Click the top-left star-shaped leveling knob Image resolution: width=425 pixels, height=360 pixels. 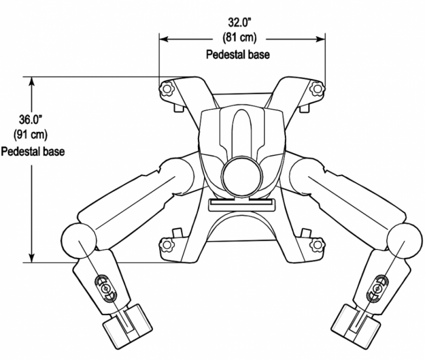tap(167, 89)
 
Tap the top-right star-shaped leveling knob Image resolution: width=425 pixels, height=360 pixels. tap(316, 89)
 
